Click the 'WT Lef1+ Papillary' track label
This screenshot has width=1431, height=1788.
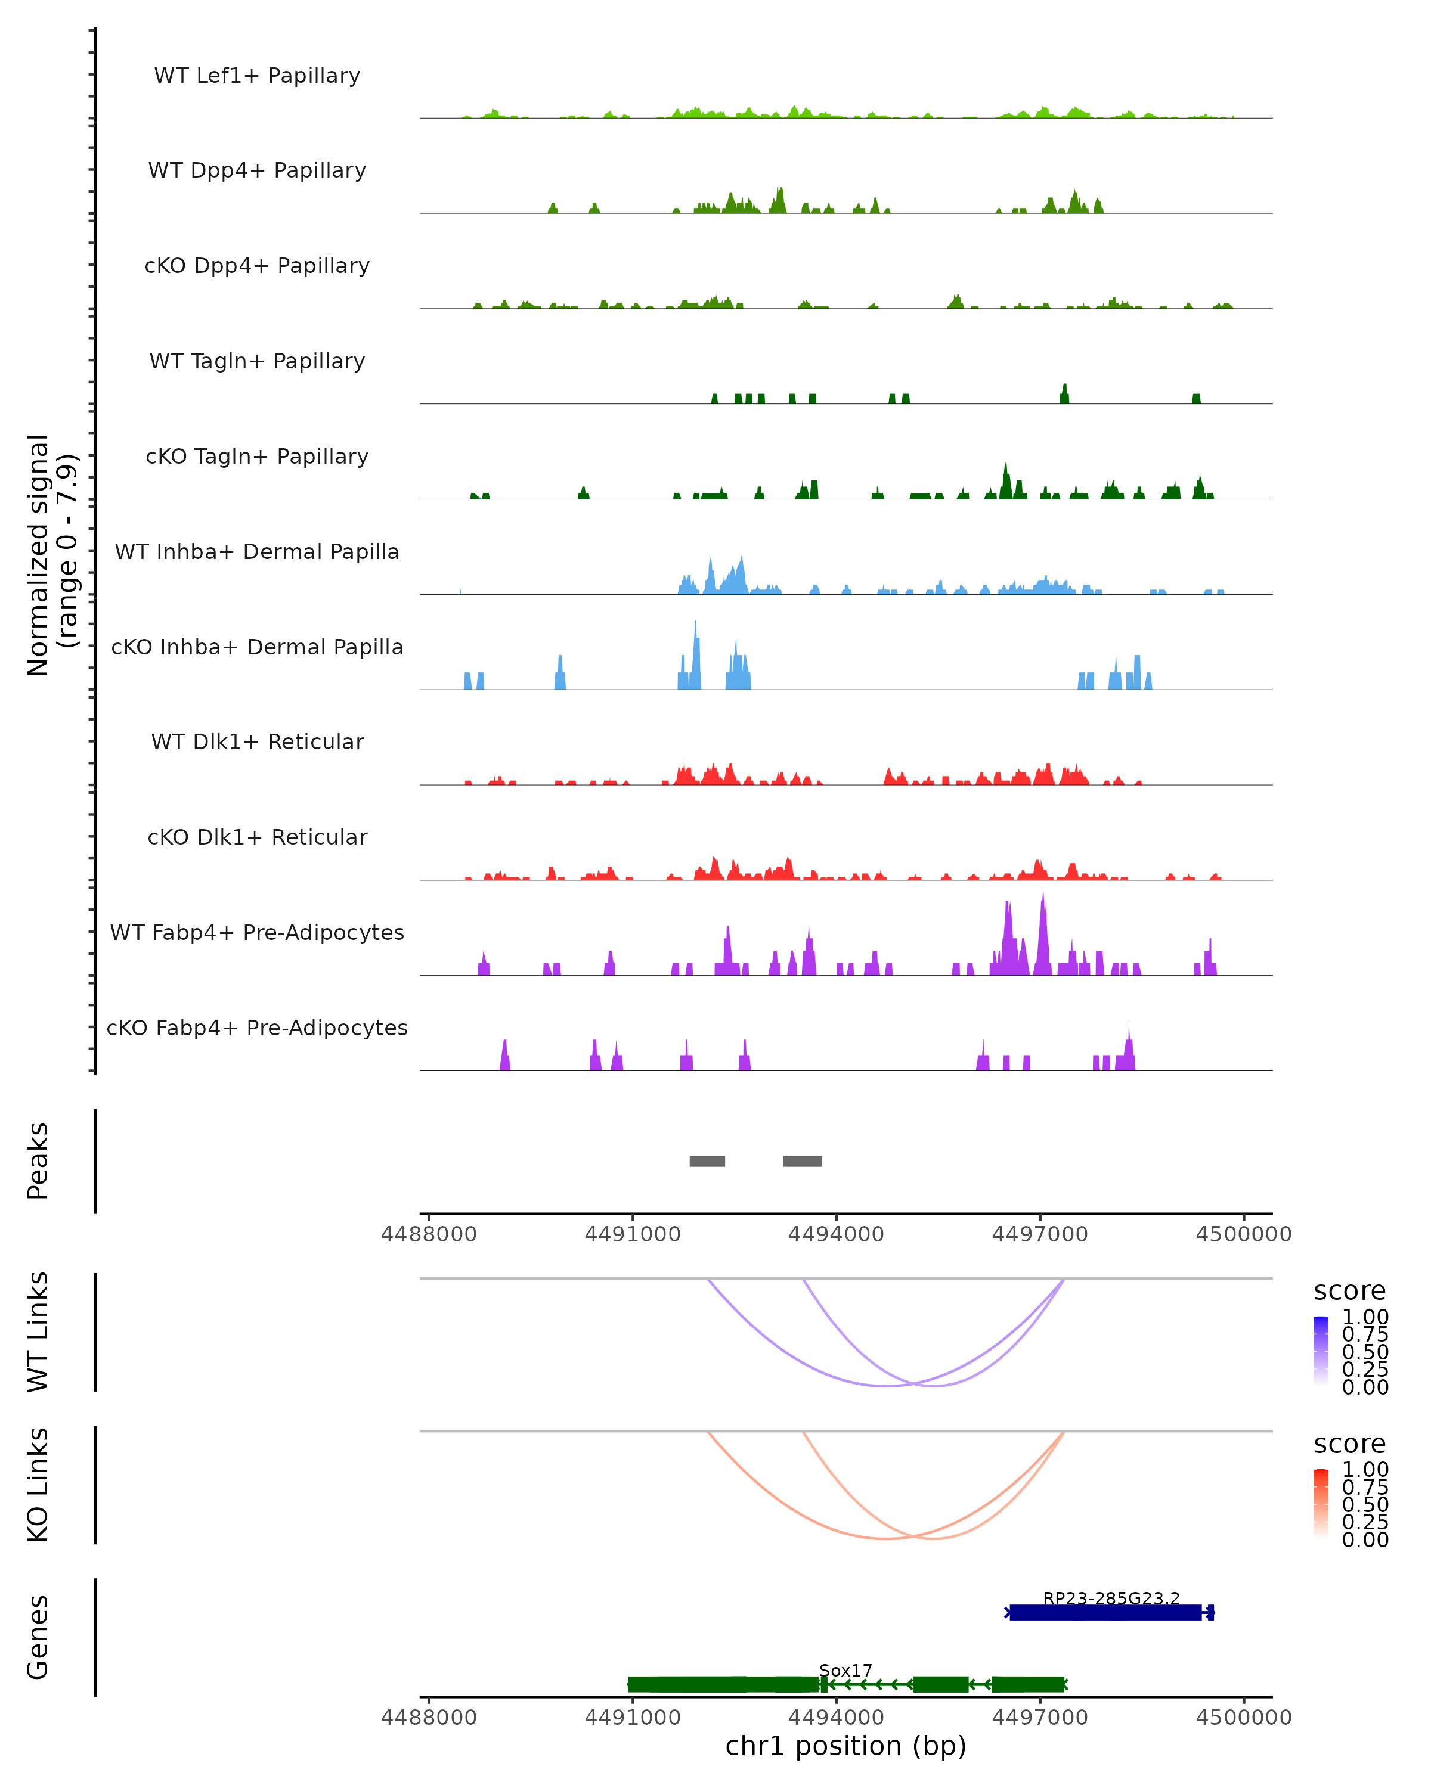coord(257,76)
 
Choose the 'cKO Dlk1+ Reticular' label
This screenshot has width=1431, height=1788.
coord(257,837)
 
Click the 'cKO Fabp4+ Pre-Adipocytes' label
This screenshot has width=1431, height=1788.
coord(257,1028)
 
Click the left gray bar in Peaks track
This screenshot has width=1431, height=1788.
coord(707,1161)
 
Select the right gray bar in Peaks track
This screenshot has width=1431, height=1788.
coord(802,1161)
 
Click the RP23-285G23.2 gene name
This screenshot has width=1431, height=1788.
coord(1111,1598)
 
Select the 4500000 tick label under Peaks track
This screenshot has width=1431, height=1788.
coord(1243,1234)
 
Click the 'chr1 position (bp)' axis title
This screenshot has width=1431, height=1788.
coord(845,1746)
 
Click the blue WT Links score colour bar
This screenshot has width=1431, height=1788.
coord(1321,1351)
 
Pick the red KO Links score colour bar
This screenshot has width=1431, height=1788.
coord(1321,1504)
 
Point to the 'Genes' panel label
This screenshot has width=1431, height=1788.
coord(38,1637)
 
